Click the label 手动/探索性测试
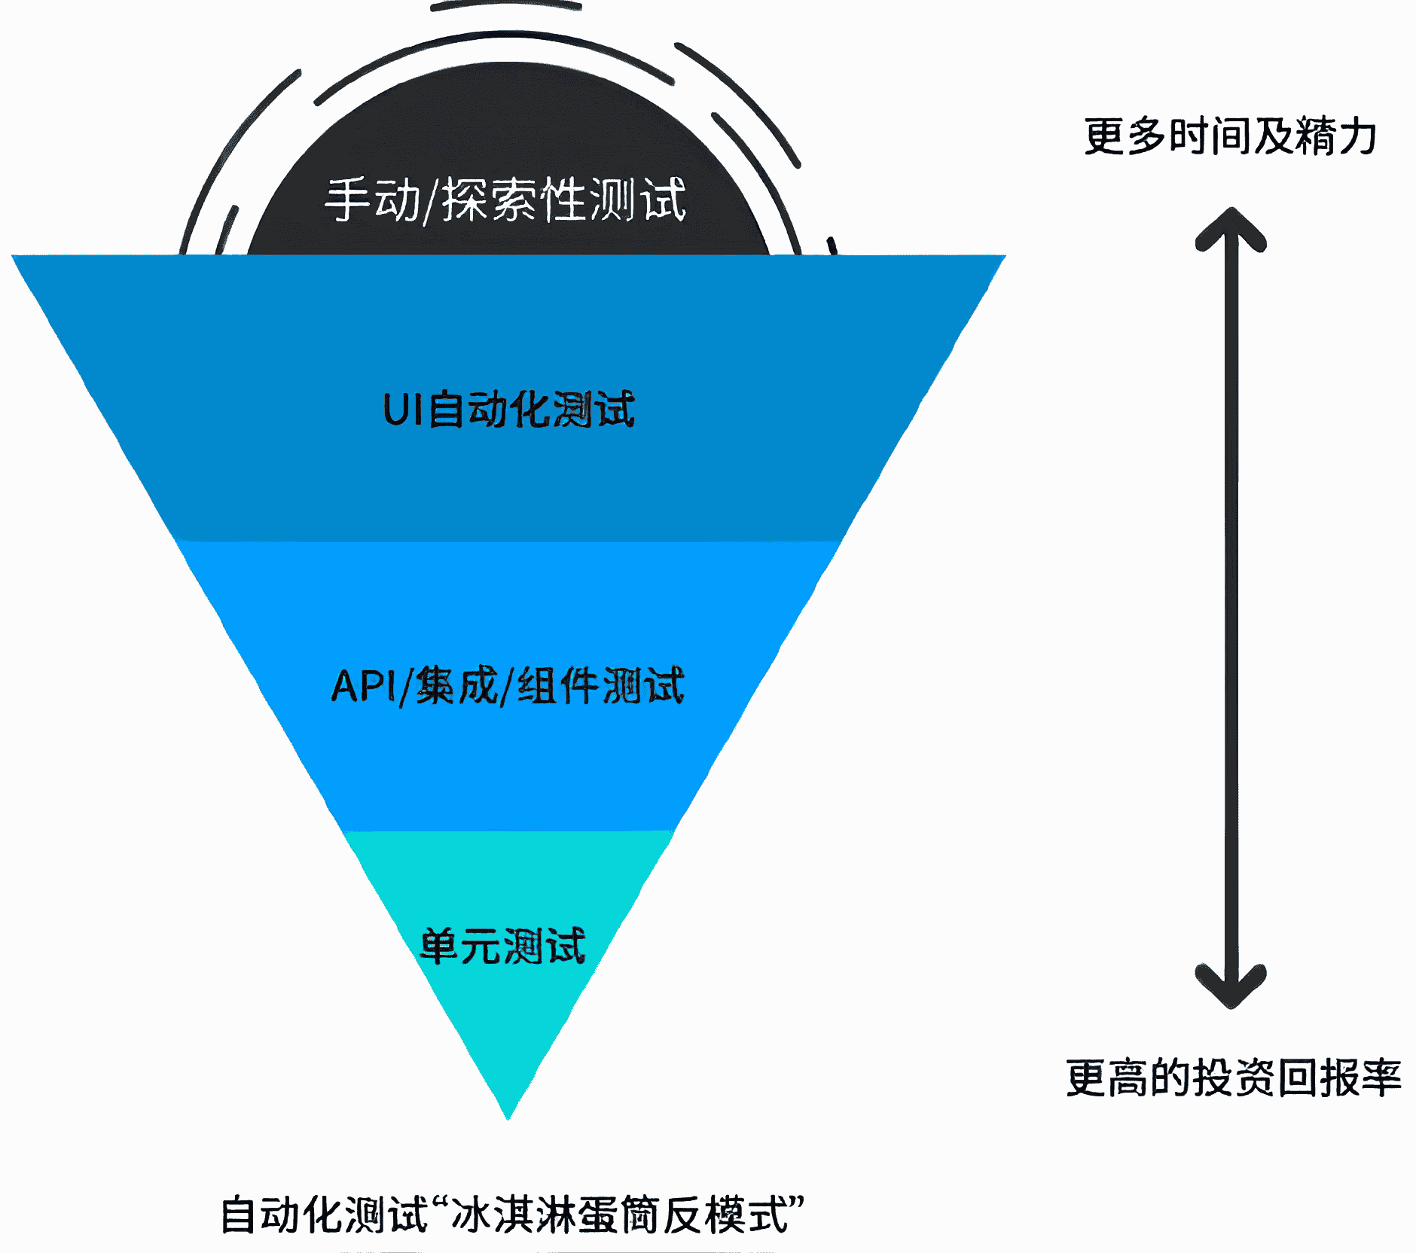click(x=505, y=200)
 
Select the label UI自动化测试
click(x=508, y=410)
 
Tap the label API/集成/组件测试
click(x=508, y=686)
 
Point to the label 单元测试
click(x=503, y=946)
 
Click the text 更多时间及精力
click(x=1231, y=136)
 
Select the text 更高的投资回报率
click(x=1234, y=1078)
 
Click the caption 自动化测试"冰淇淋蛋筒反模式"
click(x=512, y=1214)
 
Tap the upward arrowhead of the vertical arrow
click(x=1231, y=226)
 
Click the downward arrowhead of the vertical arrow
click(x=1231, y=990)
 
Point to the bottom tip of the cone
click(x=508, y=1116)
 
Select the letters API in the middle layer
click(x=362, y=686)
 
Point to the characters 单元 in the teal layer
click(x=459, y=946)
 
